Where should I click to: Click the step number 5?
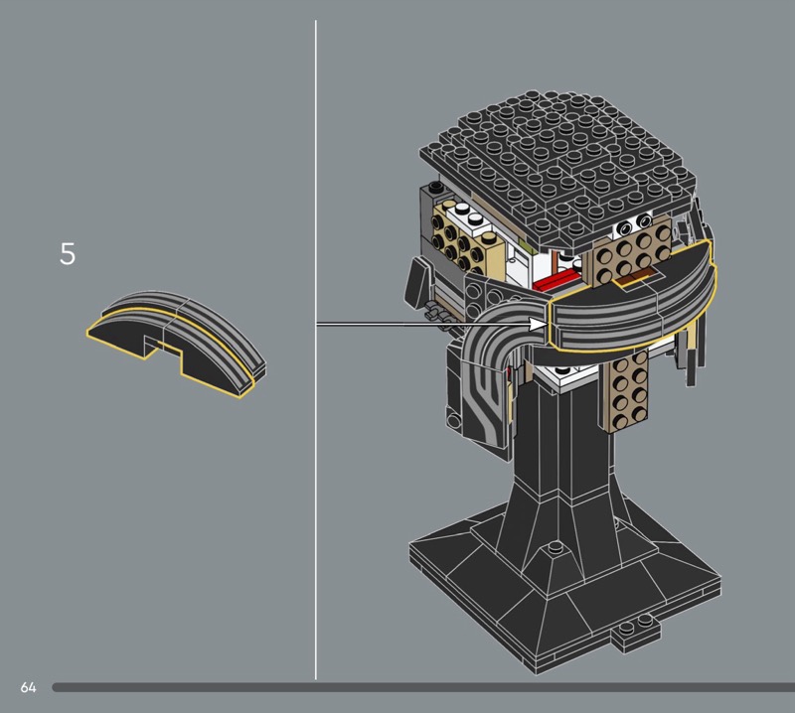[x=68, y=254]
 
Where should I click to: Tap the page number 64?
[x=29, y=687]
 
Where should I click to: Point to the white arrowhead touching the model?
[x=538, y=324]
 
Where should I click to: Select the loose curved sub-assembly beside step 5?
[x=177, y=343]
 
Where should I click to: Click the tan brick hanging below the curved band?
[x=625, y=390]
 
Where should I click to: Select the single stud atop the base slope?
[x=556, y=547]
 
